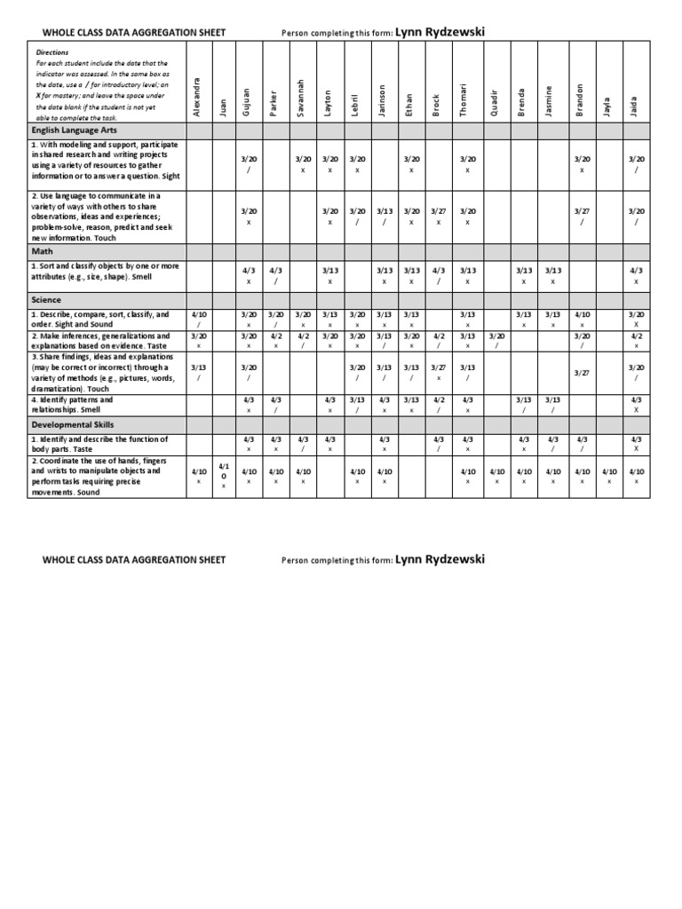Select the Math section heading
coord(43,251)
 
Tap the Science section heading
coord(48,300)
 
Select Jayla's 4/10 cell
coord(608,476)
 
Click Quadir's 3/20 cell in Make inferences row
coord(496,341)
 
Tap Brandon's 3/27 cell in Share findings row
coord(582,373)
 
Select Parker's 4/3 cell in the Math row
coord(276,274)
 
